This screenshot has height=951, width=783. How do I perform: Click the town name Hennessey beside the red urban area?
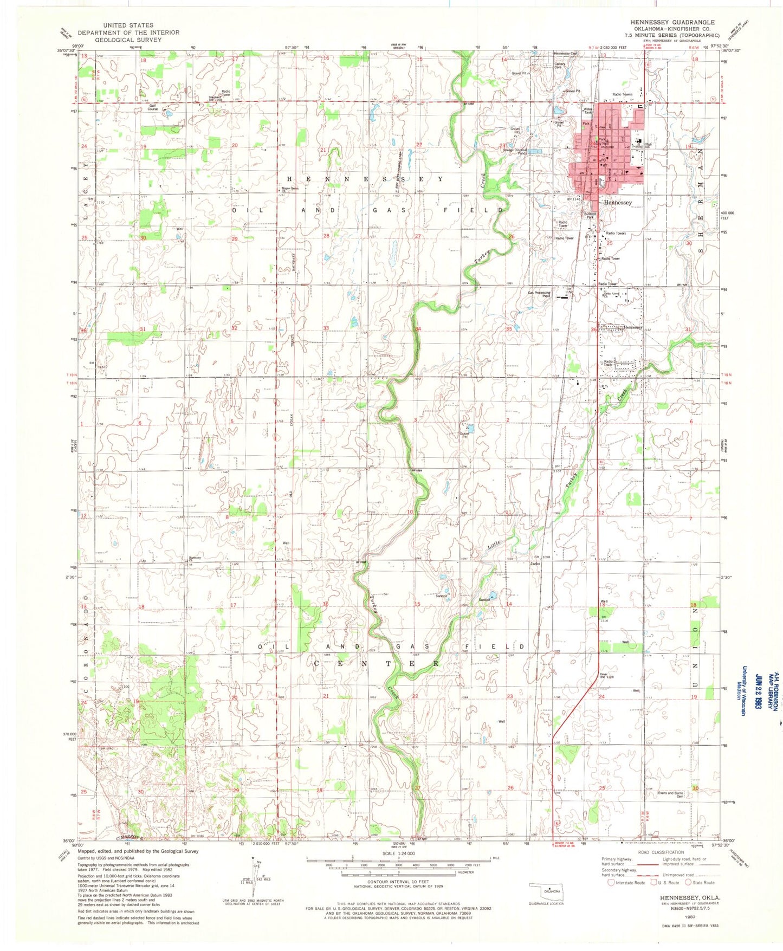(618, 202)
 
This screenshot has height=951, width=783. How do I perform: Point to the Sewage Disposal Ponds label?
(514, 152)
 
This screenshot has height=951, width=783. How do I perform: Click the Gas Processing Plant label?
(540, 295)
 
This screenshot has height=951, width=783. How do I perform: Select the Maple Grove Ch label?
(289, 190)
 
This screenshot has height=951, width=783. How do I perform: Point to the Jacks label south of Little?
(535, 564)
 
